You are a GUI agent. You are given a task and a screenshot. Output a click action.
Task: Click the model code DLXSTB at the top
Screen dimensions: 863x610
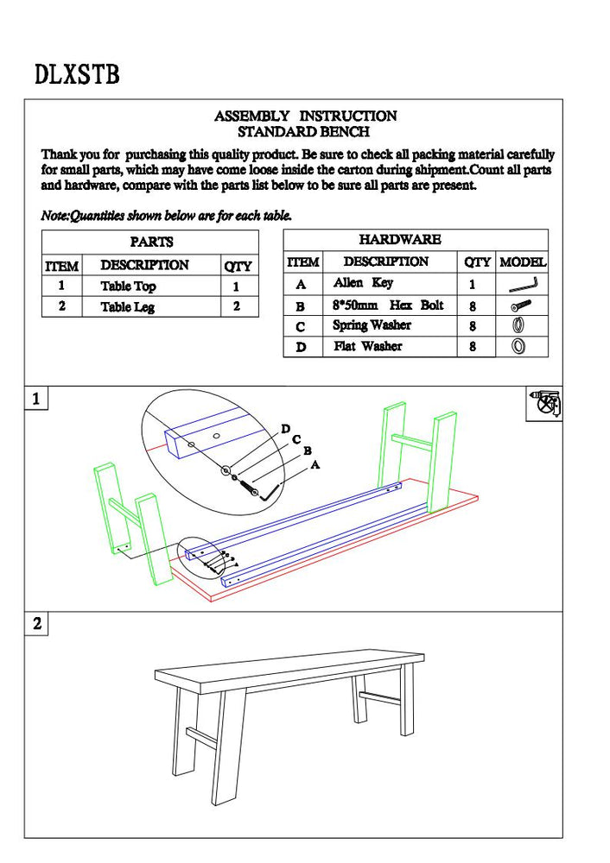(77, 74)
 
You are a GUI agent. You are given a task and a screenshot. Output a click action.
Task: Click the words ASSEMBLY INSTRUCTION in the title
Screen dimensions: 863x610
(305, 116)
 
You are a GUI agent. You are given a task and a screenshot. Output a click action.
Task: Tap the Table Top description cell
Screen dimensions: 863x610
(128, 287)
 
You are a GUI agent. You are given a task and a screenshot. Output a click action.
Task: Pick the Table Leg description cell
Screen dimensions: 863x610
(127, 306)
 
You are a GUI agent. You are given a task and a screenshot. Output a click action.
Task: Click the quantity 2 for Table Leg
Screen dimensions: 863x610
(236, 306)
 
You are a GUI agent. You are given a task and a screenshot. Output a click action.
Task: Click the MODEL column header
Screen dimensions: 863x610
(523, 261)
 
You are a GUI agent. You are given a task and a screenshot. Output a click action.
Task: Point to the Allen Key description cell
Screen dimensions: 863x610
(363, 283)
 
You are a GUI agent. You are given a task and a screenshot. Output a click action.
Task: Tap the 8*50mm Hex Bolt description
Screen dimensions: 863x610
(388, 305)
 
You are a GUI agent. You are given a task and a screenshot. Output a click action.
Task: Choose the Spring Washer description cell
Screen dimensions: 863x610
(372, 325)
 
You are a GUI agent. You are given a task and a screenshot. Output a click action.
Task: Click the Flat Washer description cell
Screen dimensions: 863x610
(368, 346)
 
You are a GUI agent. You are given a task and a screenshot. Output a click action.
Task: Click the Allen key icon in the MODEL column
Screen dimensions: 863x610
(523, 284)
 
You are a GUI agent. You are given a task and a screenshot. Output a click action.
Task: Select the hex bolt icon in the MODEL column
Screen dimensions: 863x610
(522, 305)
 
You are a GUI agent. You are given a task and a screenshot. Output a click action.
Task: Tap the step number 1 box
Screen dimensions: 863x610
(36, 399)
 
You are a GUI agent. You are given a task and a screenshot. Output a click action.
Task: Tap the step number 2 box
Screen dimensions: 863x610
(36, 624)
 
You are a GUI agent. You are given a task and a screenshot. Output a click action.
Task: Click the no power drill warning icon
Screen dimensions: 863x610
(543, 404)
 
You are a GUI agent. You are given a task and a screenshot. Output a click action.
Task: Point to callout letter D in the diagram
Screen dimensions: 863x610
(285, 429)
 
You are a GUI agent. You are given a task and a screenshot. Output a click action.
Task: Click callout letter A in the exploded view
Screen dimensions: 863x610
(315, 464)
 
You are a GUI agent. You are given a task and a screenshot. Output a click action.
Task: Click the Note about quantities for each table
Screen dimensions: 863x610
(167, 216)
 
